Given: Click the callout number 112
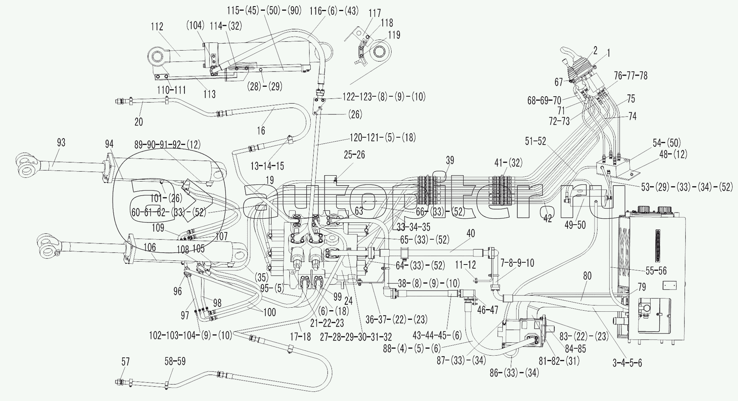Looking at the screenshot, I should tap(157, 27).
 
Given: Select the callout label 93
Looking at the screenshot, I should tap(61, 142).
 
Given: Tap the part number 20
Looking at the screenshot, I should tap(139, 121).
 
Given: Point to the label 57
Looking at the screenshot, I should tap(126, 362).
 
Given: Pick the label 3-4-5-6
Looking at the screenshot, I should tap(627, 363).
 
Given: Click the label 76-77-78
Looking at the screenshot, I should tap(631, 76).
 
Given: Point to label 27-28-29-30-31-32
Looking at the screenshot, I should tap(356, 336).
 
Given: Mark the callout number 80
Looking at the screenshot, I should tap(587, 276).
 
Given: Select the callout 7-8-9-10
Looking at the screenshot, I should tap(517, 263).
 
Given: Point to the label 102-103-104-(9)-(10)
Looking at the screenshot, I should tap(190, 335).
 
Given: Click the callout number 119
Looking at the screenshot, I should tap(394, 35).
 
